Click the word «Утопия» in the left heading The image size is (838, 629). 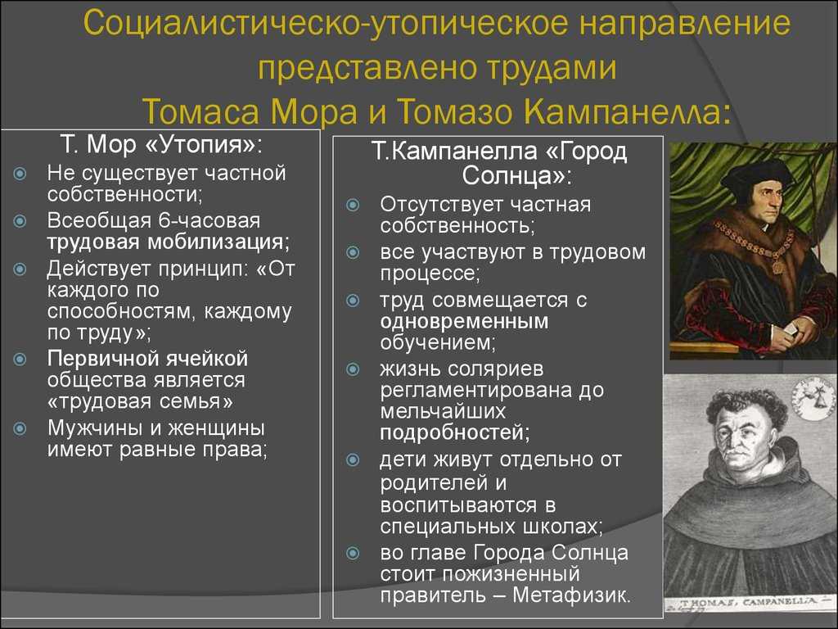click(201, 145)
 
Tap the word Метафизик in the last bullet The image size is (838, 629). click(571, 595)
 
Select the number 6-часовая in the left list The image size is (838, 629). click(209, 220)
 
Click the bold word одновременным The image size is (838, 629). click(465, 321)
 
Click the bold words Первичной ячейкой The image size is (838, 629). click(147, 359)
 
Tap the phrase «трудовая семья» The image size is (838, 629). click(140, 401)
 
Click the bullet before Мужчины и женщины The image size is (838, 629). click(20, 428)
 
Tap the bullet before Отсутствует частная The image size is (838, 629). click(353, 205)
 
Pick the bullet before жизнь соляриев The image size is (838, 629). click(353, 369)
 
